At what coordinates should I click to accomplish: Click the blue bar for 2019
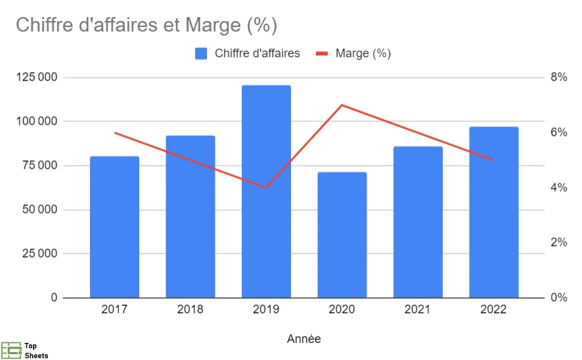pos(266,192)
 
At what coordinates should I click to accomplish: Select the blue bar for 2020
pos(342,235)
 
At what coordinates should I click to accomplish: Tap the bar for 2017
pos(114,227)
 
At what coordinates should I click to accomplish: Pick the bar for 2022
pos(494,212)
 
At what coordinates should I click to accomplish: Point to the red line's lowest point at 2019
pos(266,188)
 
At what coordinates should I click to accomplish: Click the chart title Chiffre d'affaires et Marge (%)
pos(146,26)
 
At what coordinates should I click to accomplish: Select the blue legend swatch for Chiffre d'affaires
pos(201,54)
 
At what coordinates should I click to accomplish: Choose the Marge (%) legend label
pos(363,54)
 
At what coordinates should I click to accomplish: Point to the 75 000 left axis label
pos(38,166)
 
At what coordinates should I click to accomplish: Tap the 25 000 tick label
pos(38,254)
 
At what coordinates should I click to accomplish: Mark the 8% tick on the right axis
pos(558,78)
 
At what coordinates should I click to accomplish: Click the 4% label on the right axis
pos(558,188)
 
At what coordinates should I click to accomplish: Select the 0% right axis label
pos(558,298)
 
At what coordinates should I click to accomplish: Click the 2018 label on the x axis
pos(190,309)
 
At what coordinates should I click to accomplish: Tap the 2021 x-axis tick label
pos(418,309)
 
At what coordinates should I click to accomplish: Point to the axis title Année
pos(304,339)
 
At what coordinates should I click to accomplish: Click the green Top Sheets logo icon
pos(11,350)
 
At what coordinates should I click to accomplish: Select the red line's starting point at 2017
pos(114,133)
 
